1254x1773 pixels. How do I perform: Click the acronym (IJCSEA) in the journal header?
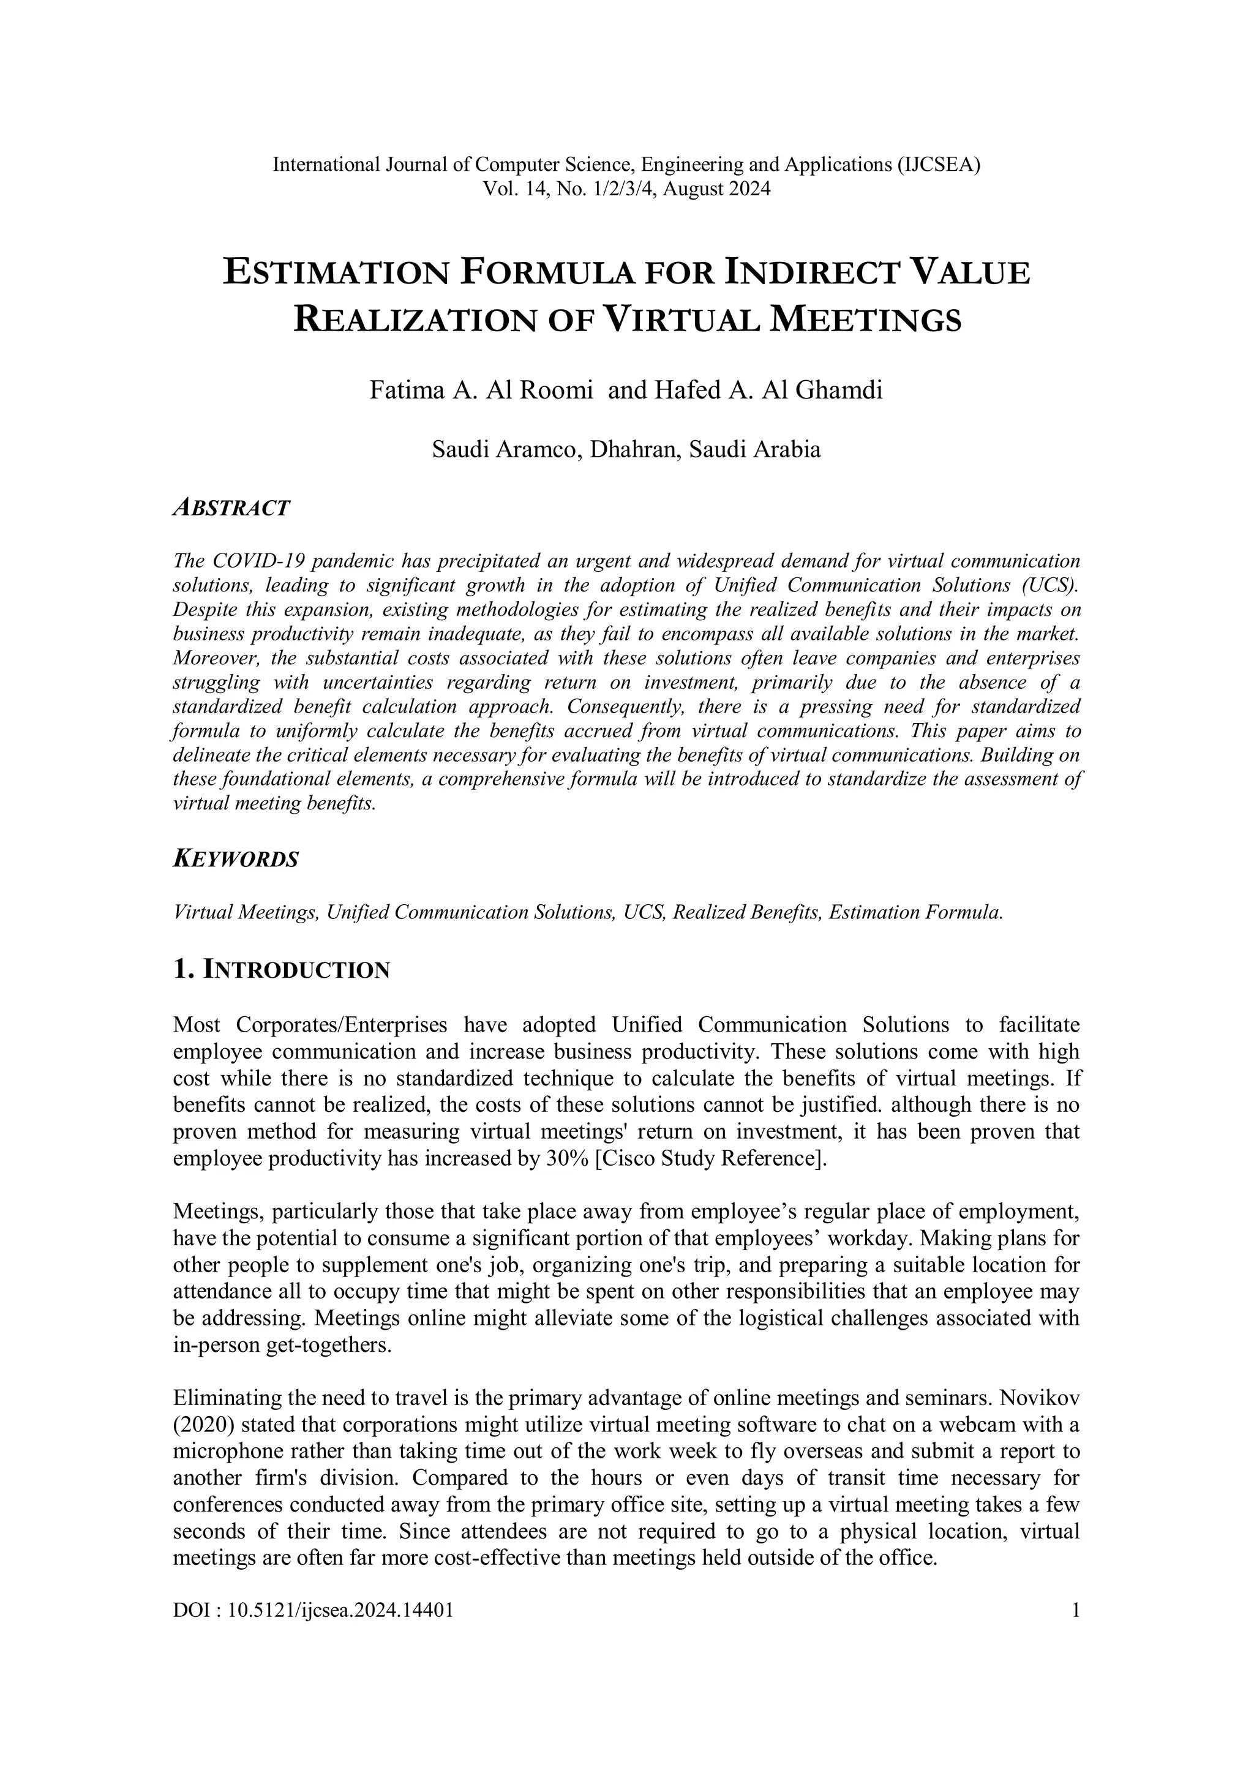pos(938,165)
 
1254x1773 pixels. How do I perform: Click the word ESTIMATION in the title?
pos(335,274)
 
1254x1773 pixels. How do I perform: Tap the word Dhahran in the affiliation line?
pos(633,449)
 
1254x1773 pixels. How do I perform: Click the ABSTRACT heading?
pos(231,508)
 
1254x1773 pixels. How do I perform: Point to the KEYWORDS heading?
pos(236,860)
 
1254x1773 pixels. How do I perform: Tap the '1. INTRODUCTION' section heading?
pos(282,970)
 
